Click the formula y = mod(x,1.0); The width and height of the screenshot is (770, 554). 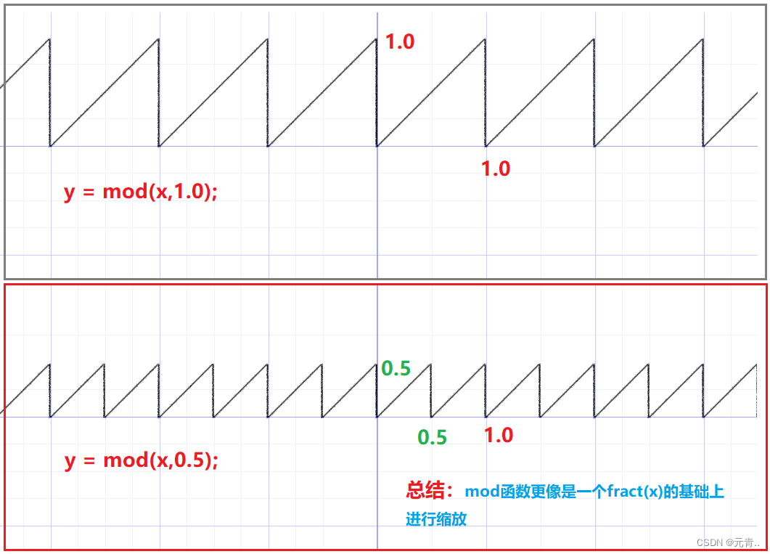point(141,192)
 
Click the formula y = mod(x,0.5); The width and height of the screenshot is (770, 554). point(141,460)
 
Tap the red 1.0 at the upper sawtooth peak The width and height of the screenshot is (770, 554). point(400,42)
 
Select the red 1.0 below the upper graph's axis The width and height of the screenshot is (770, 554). point(496,168)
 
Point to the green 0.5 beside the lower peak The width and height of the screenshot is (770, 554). point(396,369)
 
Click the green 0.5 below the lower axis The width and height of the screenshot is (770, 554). point(432,438)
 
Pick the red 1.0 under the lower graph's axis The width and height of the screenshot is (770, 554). point(499,436)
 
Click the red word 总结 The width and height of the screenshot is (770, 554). point(425,491)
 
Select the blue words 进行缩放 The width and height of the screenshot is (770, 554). point(436,519)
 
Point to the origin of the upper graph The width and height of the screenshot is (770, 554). point(377,146)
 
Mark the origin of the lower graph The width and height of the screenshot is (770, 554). point(377,417)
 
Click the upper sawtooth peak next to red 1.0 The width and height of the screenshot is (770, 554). point(377,38)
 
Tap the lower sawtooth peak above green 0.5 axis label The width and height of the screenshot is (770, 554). point(431,364)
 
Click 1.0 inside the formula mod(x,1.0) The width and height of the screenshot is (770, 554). point(190,192)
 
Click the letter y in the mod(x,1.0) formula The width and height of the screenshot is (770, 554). point(70,193)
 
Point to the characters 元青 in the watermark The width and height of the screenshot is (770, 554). point(743,543)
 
